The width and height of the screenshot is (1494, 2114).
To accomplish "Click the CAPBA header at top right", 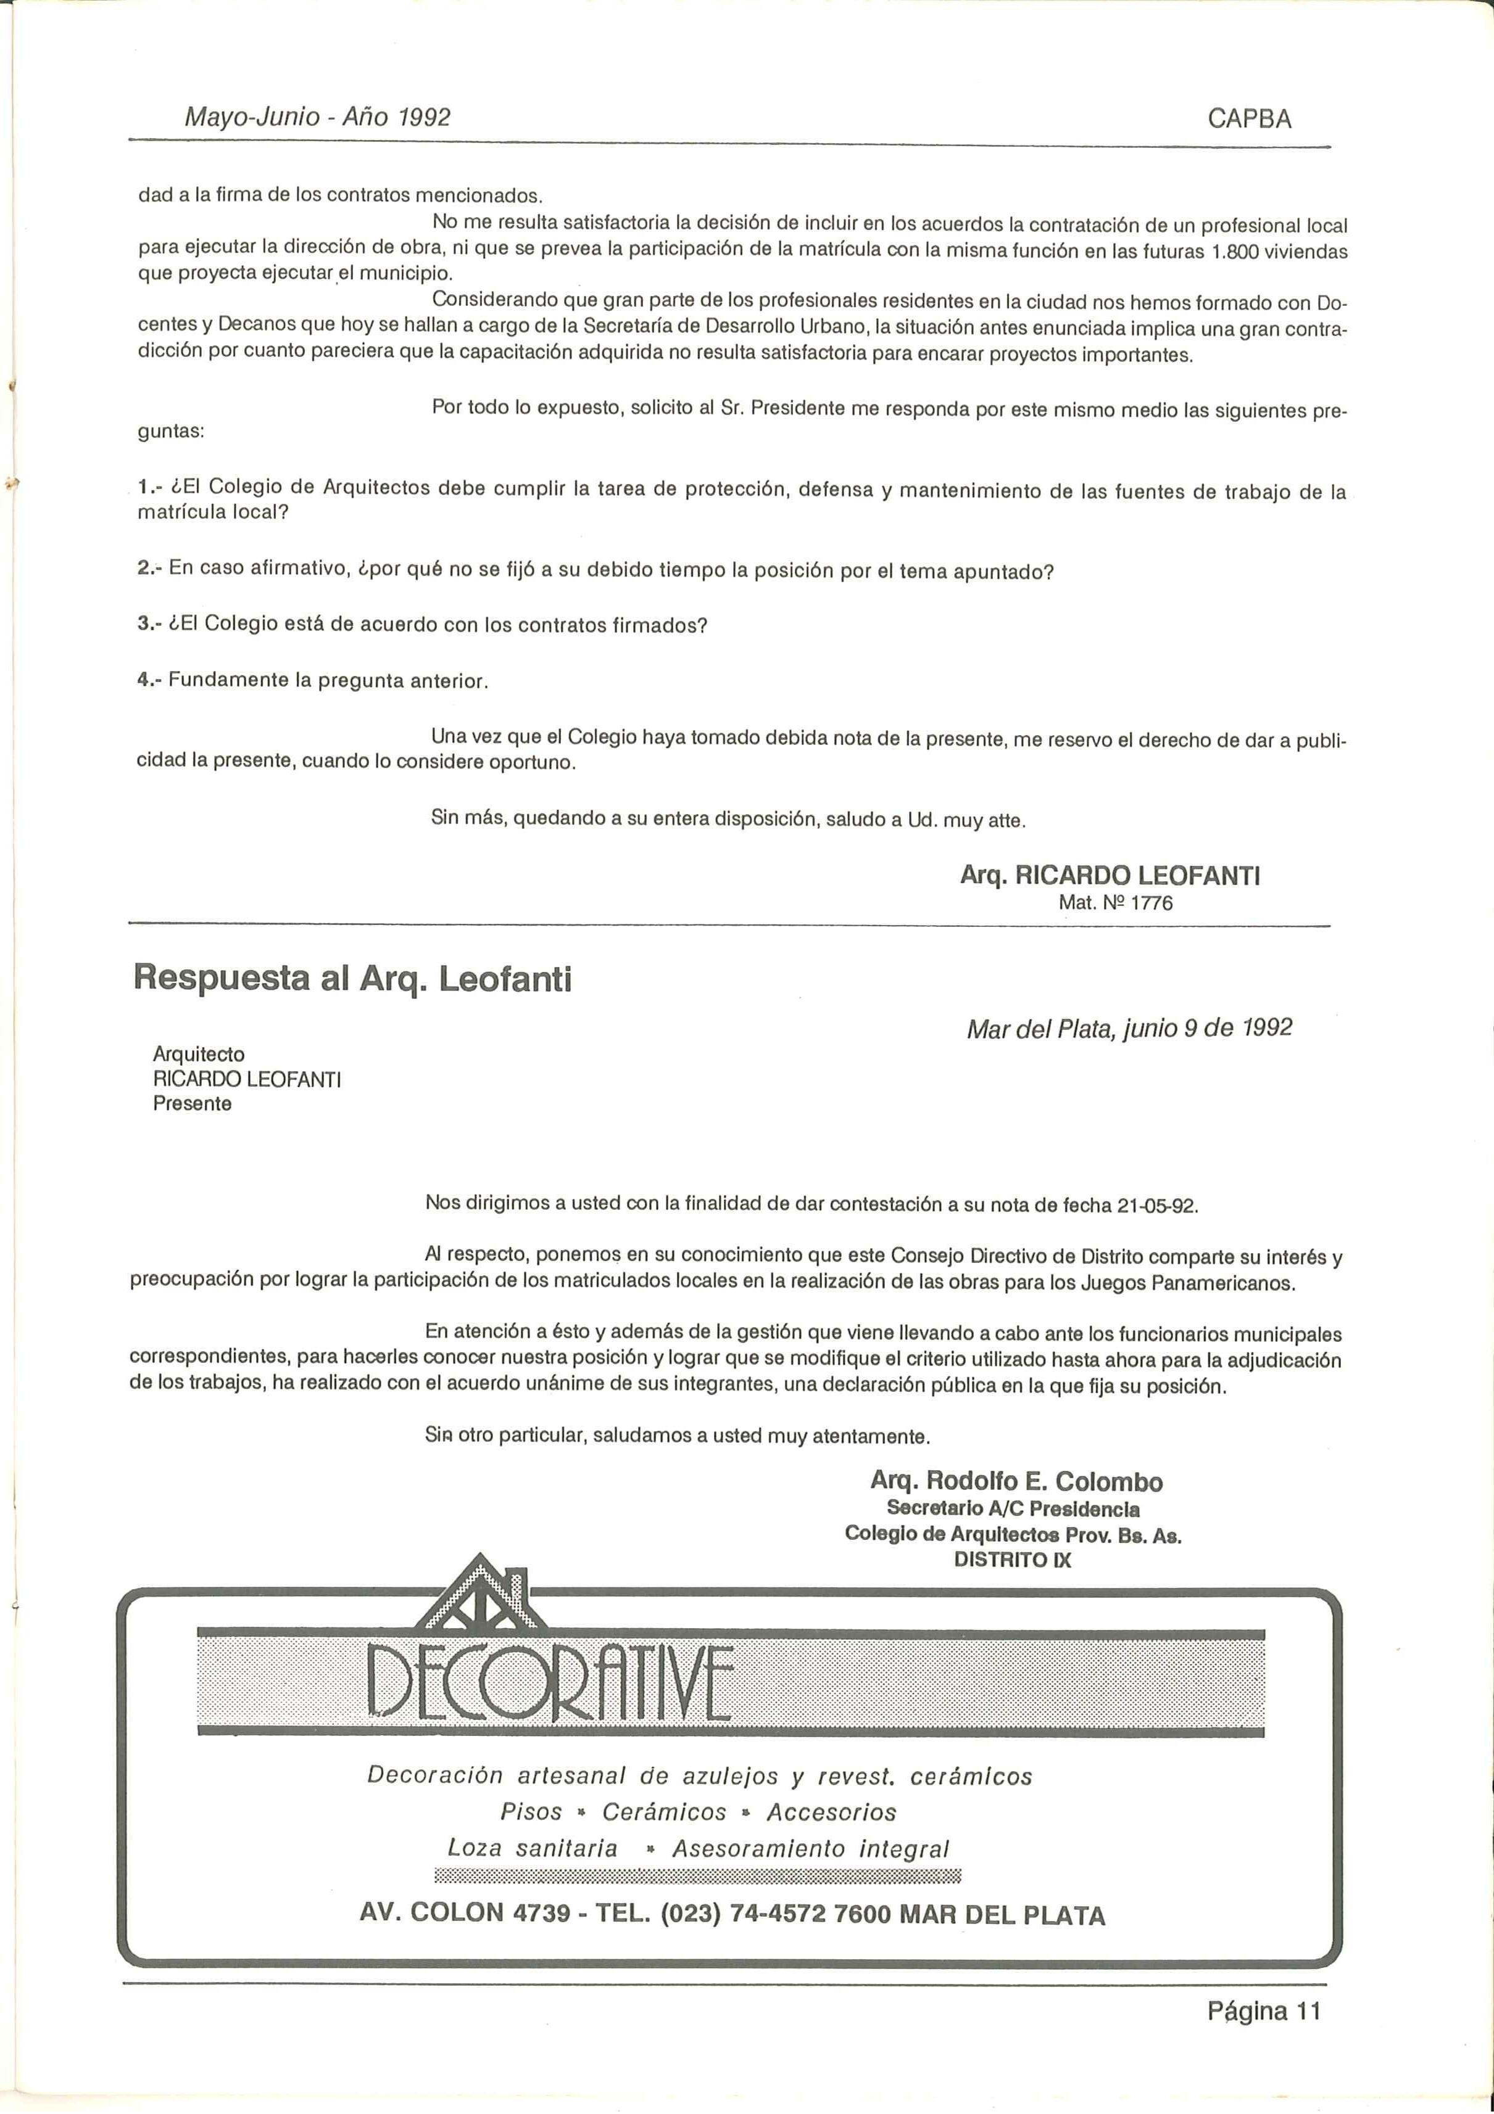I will pyautogui.click(x=1249, y=119).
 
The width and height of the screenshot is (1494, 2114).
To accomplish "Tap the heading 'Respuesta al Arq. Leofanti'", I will pyautogui.click(x=353, y=978).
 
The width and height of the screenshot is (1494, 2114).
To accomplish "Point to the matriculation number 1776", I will pyautogui.click(x=1152, y=903).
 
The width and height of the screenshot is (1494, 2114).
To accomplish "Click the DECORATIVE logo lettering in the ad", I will pyautogui.click(x=550, y=1684).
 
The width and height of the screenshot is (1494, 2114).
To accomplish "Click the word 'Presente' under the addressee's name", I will pyautogui.click(x=193, y=1104).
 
